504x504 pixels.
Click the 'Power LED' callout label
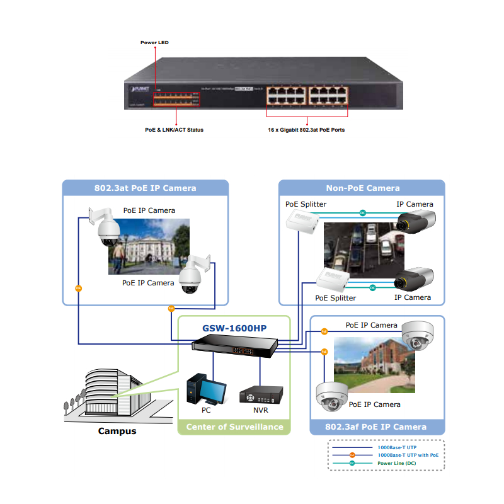tap(154, 43)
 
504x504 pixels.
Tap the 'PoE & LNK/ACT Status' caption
tap(175, 130)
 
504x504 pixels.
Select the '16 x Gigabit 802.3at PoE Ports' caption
tap(306, 130)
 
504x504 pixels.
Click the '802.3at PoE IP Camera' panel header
tap(146, 188)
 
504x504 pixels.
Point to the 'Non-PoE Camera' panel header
tap(362, 188)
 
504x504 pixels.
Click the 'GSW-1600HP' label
tap(234, 328)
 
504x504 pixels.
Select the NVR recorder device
tap(260, 396)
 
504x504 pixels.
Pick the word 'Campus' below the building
tap(117, 432)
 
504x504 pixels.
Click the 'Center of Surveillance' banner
tap(234, 427)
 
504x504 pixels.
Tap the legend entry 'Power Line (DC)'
tap(396, 463)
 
